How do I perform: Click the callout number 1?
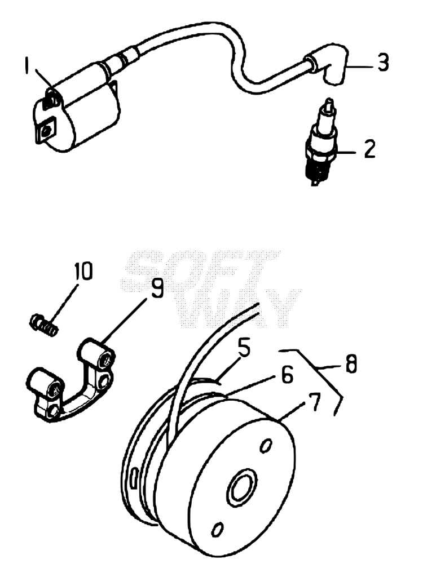pos(27,65)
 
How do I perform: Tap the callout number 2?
pos(369,149)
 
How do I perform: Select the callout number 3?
pos(383,63)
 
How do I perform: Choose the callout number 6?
pos(286,375)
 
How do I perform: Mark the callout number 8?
pos(351,365)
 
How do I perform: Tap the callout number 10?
pos(82,272)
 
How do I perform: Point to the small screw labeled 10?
pos(43,324)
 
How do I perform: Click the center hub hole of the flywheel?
pos(243,486)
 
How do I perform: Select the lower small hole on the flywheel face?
pos(218,529)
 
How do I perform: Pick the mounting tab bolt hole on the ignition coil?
pos(47,130)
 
